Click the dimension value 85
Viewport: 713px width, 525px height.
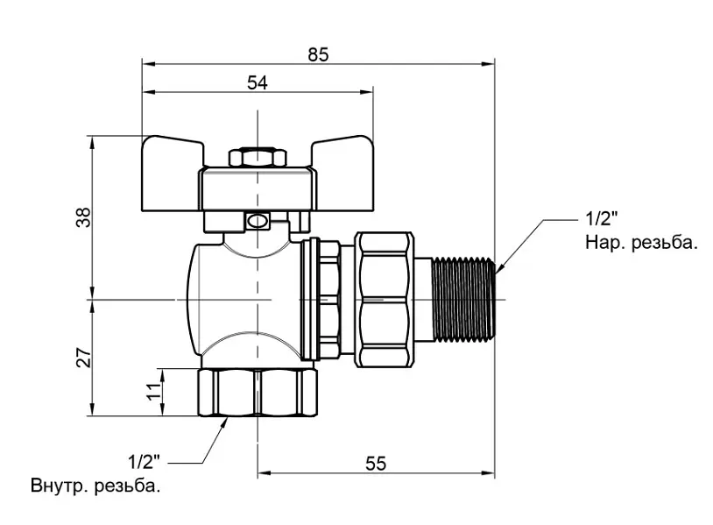pos(318,54)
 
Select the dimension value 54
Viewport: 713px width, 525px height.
pos(258,82)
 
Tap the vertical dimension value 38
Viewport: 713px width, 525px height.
pos(85,217)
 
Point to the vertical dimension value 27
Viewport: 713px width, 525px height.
pos(85,358)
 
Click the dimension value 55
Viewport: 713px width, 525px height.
pos(376,464)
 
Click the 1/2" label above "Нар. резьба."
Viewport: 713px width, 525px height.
pos(602,219)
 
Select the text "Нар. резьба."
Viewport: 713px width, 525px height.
pos(641,243)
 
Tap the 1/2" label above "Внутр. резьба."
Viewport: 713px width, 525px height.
pos(145,462)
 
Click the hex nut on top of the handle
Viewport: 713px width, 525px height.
pos(258,157)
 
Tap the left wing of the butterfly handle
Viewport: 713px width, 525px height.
pos(172,173)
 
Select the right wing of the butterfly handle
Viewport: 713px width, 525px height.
pos(342,173)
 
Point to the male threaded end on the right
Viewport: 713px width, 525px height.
pos(462,300)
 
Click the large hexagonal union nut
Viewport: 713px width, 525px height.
pos(385,300)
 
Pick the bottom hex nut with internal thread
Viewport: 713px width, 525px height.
pos(258,392)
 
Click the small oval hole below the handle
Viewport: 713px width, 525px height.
pos(258,222)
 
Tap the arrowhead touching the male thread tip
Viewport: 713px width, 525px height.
pos(499,268)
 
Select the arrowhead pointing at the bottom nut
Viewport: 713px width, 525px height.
pos(223,422)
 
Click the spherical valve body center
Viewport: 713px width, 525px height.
pos(245,300)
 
